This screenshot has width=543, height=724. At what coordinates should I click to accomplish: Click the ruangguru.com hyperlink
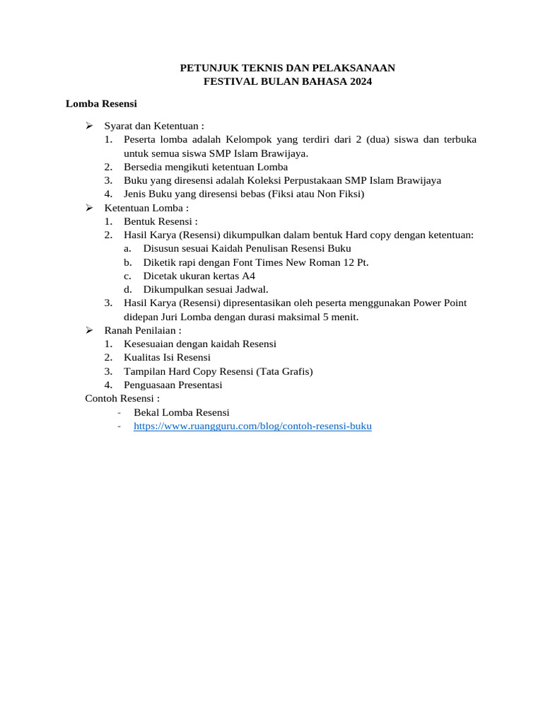252,426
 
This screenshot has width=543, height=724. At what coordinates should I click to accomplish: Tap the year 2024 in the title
358,81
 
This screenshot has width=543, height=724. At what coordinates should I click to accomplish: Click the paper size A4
248,276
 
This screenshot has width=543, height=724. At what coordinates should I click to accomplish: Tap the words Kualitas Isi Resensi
167,358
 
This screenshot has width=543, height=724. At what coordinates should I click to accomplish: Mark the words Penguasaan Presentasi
173,385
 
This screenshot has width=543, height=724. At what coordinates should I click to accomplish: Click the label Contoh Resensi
118,398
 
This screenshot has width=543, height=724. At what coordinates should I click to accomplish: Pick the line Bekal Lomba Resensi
181,412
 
